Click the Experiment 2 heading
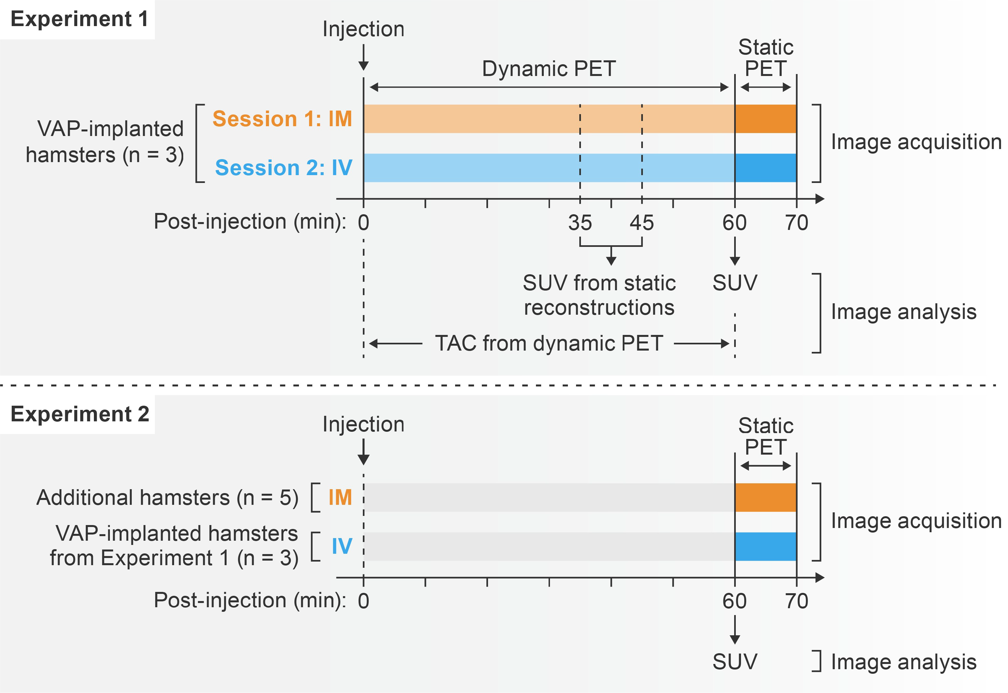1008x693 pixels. (80, 414)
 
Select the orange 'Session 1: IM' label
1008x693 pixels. (282, 119)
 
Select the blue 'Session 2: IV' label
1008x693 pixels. (283, 168)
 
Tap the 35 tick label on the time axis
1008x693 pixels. (580, 223)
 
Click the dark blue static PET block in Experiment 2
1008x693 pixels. (765, 547)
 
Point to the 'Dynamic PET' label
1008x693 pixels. (549, 68)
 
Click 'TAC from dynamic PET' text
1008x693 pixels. (549, 343)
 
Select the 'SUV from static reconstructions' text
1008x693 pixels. (599, 295)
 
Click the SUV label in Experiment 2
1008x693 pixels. (734, 662)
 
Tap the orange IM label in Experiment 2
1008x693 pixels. (340, 498)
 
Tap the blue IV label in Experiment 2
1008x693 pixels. (342, 546)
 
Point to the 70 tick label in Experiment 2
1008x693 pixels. (796, 601)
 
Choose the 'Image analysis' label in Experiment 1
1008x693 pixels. (903, 312)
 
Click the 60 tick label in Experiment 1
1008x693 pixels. (734, 223)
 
